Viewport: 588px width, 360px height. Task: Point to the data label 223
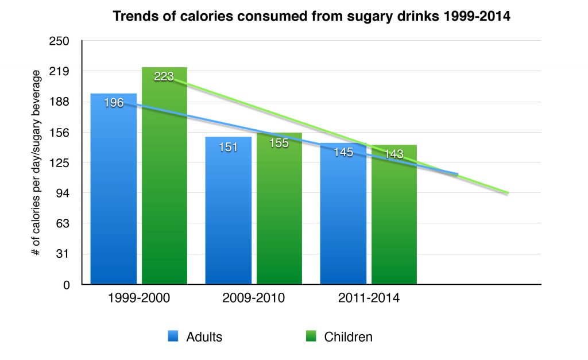164,76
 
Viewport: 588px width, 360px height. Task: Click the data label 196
114,103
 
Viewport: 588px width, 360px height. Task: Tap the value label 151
229,146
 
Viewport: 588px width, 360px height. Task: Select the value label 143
394,154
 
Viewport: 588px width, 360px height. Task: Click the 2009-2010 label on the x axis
253,299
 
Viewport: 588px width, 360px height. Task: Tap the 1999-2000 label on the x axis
138,299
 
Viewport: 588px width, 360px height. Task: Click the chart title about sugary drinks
311,16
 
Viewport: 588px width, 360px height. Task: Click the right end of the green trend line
508,193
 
